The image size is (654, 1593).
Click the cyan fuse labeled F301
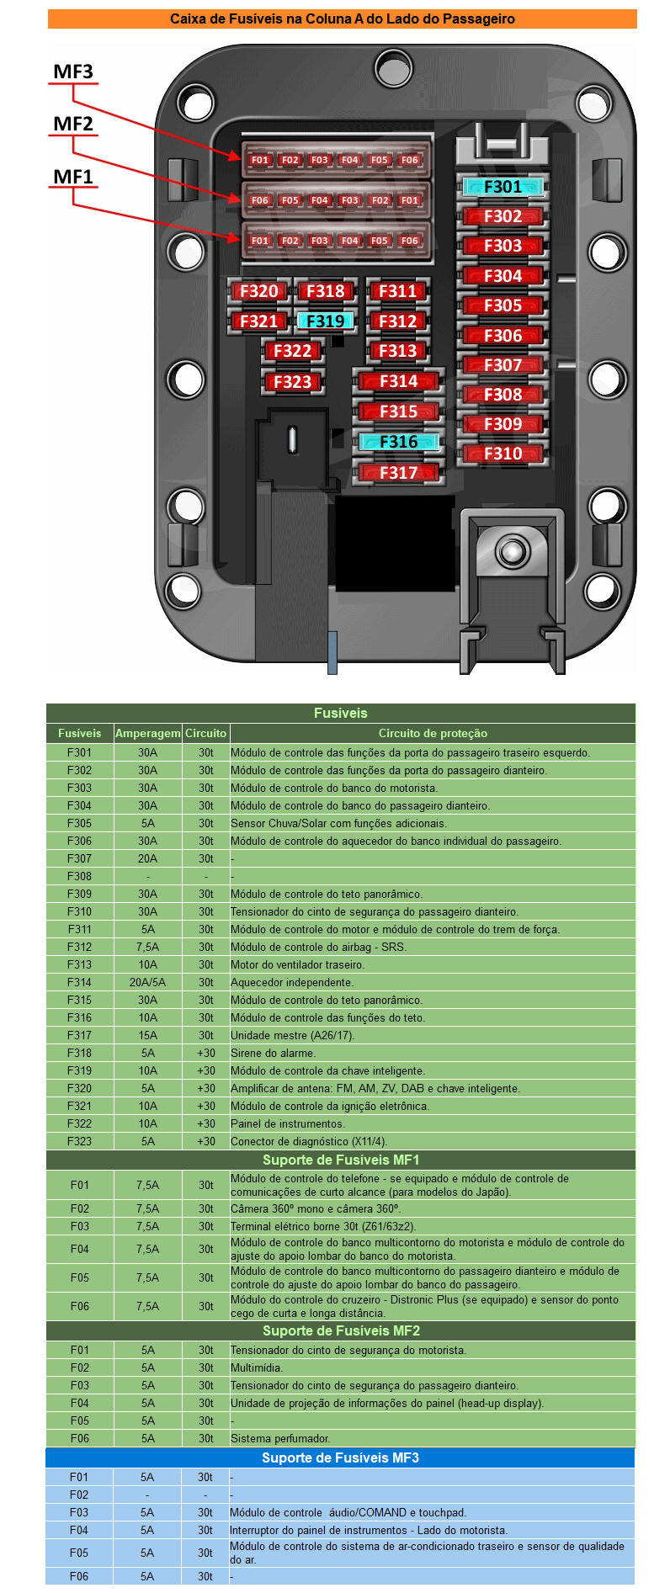(x=502, y=187)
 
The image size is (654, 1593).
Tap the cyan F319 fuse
(x=325, y=321)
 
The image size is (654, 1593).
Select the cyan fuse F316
(x=398, y=442)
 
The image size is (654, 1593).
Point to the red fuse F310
(x=502, y=454)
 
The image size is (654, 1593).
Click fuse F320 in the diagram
(x=258, y=291)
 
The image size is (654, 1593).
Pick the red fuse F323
(x=292, y=382)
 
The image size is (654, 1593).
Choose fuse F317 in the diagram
(x=398, y=473)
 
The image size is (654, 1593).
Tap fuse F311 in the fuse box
(x=397, y=291)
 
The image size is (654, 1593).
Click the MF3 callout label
(x=73, y=72)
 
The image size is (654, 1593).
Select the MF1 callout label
(x=73, y=177)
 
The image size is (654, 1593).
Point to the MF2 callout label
(x=73, y=124)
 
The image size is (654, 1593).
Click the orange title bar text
(x=342, y=19)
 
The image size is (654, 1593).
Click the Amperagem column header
(x=147, y=733)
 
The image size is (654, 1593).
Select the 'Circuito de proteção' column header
(x=433, y=733)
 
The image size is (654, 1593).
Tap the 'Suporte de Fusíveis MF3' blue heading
(x=340, y=1458)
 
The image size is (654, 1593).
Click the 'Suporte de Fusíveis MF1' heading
(x=340, y=1160)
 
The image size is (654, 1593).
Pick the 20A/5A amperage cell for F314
(x=147, y=982)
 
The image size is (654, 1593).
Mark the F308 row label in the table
(x=79, y=876)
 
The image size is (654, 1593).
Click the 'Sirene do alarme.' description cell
(x=273, y=1053)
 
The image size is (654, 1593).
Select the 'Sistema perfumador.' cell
(x=280, y=1438)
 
